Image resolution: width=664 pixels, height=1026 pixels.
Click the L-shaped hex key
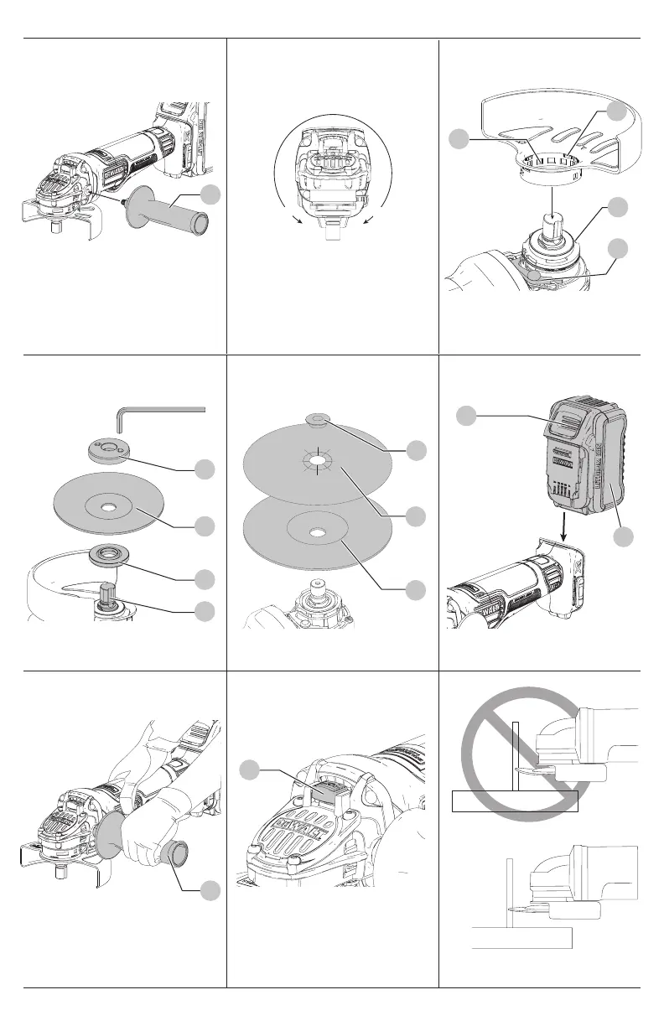coord(159,410)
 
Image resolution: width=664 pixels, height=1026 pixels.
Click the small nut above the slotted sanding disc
coord(318,417)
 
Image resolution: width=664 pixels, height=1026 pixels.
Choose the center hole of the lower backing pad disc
coord(316,531)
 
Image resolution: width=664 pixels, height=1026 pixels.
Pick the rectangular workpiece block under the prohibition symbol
coord(514,801)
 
